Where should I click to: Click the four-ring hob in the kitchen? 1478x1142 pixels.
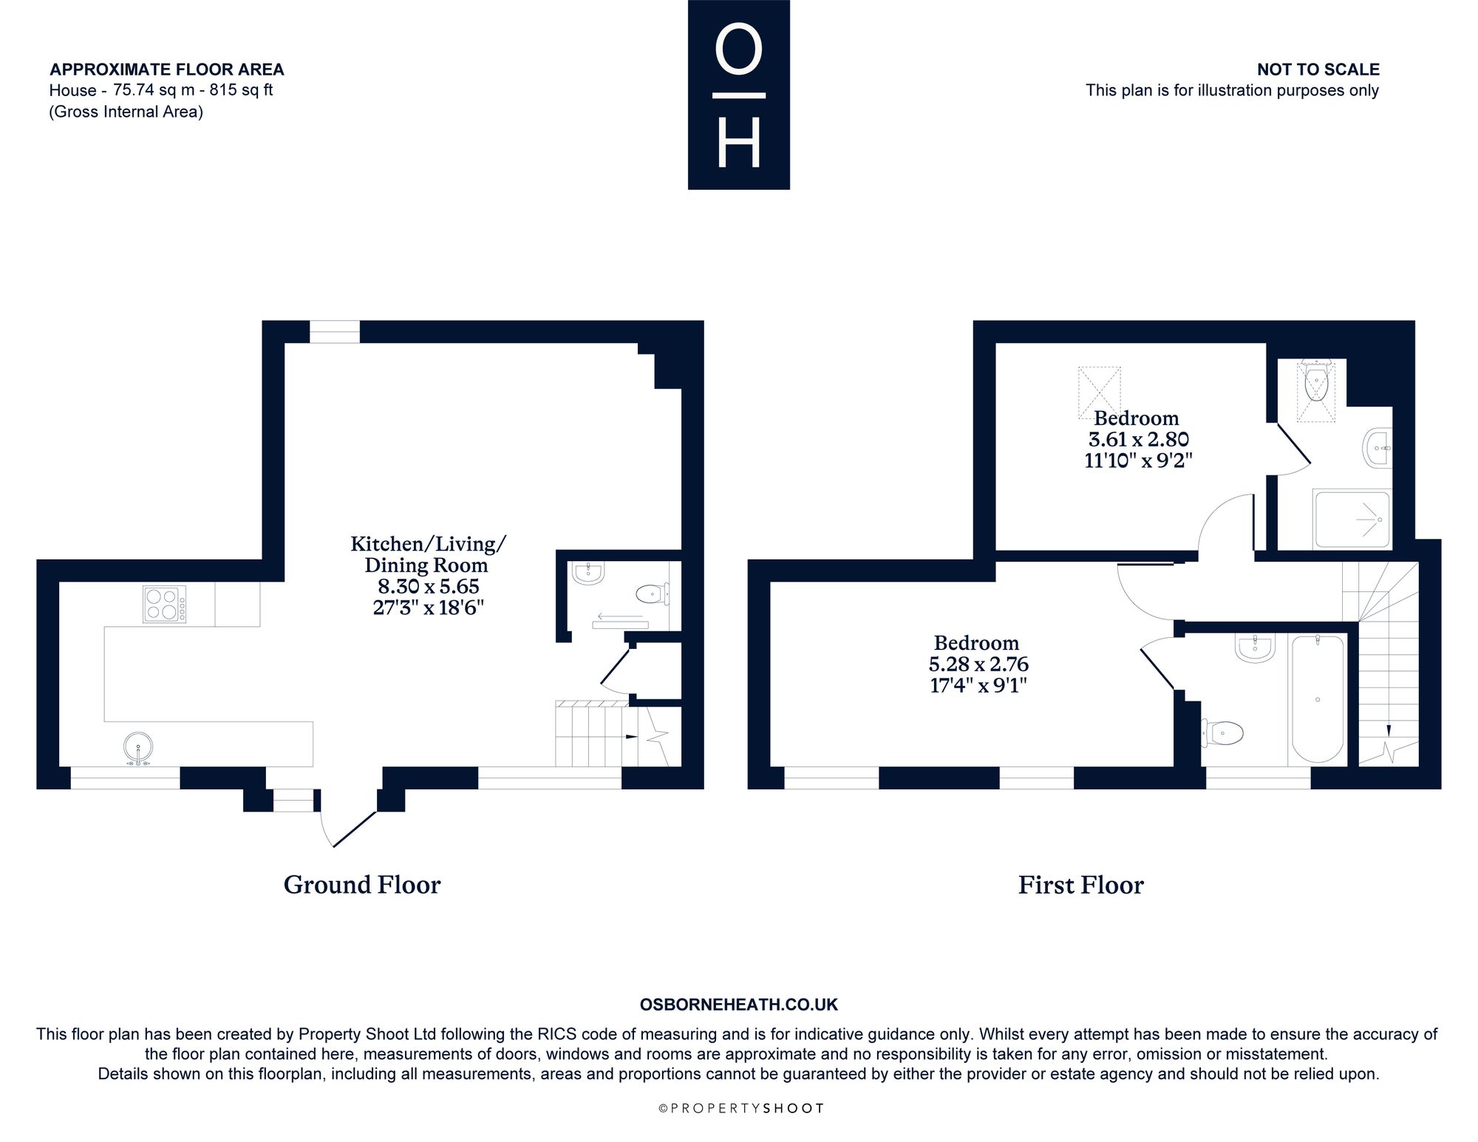point(164,604)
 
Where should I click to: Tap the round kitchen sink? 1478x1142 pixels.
point(137,747)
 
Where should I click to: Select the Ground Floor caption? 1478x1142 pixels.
point(362,885)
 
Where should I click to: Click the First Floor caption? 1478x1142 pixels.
point(1080,885)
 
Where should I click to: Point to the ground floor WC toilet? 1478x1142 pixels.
point(653,593)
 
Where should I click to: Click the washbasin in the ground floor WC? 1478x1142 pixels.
point(589,573)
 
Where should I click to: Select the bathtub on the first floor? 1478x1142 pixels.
point(1317,699)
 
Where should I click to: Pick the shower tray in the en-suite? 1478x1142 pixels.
point(1352,519)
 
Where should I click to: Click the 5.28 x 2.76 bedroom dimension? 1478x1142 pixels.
point(978,665)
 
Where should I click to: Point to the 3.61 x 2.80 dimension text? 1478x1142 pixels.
point(1138,440)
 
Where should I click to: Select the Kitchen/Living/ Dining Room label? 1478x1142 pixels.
point(427,554)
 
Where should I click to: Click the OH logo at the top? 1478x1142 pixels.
point(739,95)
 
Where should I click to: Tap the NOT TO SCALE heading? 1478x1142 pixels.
point(1318,69)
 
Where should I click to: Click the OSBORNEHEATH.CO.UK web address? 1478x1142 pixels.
point(739,1005)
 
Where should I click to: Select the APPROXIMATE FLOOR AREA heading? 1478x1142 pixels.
point(167,69)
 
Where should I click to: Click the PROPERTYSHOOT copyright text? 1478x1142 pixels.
point(740,1108)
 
